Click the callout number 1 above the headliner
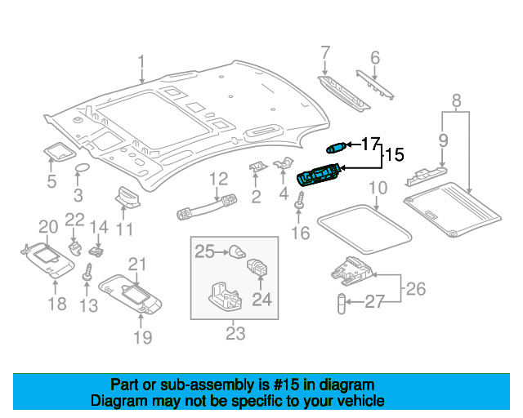coord(141,62)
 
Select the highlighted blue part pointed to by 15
coord(319,174)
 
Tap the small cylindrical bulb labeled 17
coord(337,147)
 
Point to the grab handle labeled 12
coord(207,207)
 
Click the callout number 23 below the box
coord(235,333)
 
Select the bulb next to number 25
coord(237,251)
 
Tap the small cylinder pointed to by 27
coord(342,304)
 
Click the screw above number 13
coord(87,272)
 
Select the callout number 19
coord(143,337)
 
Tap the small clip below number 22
coord(75,248)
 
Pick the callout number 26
coord(416,289)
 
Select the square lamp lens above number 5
coord(60,151)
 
